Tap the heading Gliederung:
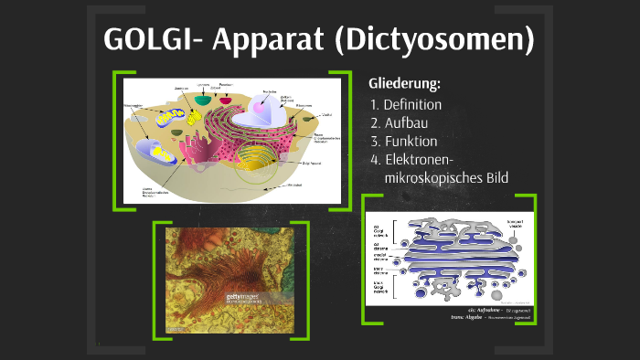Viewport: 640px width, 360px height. (403, 84)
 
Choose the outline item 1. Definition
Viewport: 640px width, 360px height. (406, 104)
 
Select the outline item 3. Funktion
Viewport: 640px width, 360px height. (404, 141)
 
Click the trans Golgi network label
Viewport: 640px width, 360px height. (377, 287)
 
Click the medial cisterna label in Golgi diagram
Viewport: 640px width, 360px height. (377, 257)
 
